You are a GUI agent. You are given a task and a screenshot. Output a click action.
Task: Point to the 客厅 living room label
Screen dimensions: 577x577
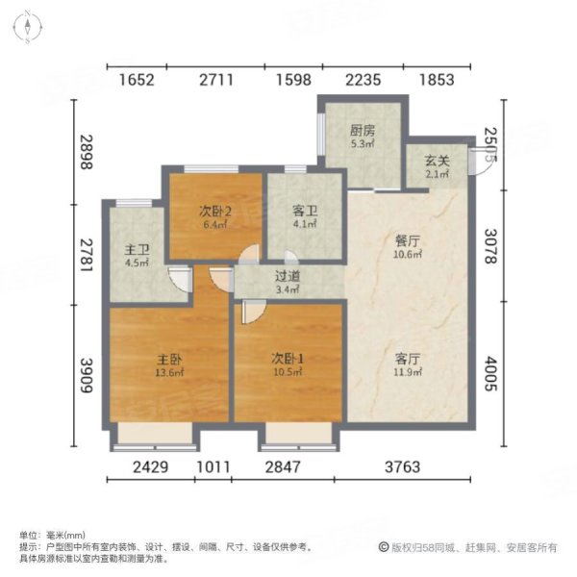[x=409, y=358]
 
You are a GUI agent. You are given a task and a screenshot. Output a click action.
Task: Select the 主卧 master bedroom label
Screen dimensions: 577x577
[x=170, y=358]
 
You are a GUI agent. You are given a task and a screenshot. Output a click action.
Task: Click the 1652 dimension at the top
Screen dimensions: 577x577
[x=138, y=80]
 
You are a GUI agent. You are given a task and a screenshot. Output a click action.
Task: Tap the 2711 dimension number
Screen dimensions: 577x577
[x=216, y=80]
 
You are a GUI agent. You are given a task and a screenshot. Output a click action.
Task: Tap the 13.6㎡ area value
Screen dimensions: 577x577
[x=170, y=375]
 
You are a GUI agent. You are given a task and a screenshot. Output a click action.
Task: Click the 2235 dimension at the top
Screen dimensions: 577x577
[x=362, y=80]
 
